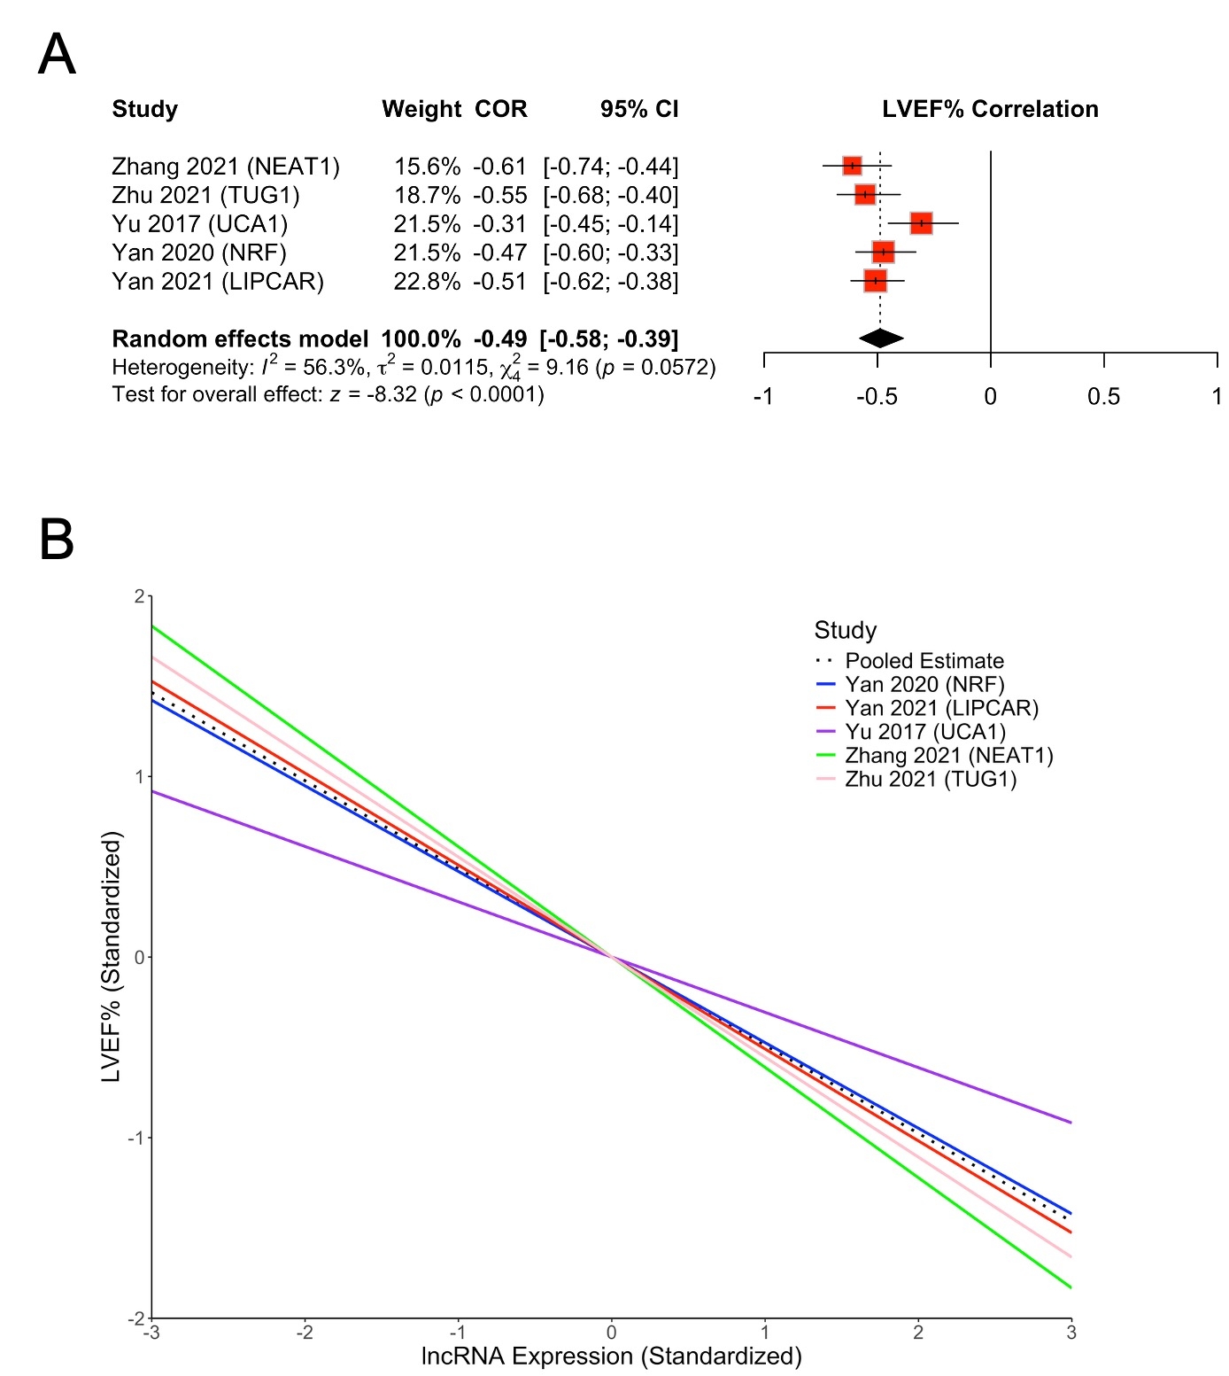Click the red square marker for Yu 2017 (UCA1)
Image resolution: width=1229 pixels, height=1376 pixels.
pos(922,223)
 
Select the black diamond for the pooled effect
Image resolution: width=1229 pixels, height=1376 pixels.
pos(881,338)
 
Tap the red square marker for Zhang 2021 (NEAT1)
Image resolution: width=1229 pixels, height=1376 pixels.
pos(852,166)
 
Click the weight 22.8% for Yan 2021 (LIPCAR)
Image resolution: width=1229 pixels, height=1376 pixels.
pos(427,282)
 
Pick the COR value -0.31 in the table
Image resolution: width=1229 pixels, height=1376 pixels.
pos(500,224)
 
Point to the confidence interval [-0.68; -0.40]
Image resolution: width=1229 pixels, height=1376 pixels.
pos(611,195)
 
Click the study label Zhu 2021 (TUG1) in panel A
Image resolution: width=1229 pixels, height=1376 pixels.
pos(205,195)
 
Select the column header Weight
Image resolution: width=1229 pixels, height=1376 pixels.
pos(421,109)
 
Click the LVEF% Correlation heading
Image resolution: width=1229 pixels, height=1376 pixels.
pos(990,109)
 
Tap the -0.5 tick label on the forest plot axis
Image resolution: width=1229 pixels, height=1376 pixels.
pos(877,397)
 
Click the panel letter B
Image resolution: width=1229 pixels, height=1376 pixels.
pos(57,540)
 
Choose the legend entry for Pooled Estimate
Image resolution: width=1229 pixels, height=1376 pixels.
pos(924,661)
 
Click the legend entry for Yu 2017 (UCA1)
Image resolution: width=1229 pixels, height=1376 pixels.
pos(925,732)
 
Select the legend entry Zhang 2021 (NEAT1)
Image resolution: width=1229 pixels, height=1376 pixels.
pos(949,756)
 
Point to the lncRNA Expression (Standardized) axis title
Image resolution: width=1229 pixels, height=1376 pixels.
pos(611,1357)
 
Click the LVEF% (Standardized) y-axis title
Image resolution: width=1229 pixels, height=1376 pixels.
pos(111,957)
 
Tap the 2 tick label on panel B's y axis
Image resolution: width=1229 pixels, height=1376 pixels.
pos(139,596)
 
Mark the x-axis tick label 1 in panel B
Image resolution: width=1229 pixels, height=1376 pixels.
pos(765,1333)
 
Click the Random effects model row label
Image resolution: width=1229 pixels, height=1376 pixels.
pos(240,339)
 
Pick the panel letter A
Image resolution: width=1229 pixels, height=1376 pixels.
pos(57,55)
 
